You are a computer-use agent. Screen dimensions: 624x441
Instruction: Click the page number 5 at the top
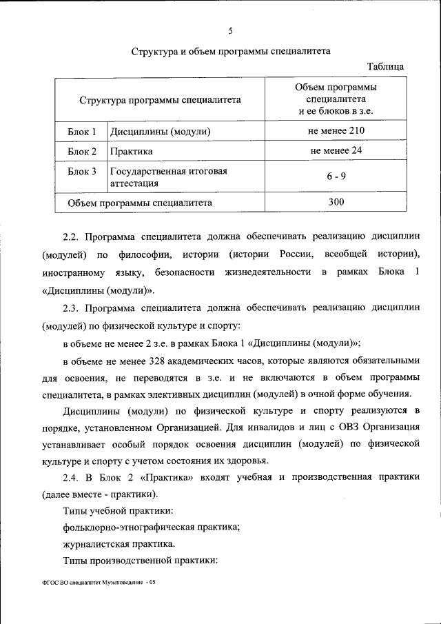231,30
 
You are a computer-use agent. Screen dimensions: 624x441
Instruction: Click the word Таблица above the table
386,66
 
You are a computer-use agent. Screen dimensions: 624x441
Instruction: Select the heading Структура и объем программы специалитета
231,51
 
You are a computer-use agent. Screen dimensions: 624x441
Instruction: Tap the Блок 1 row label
82,131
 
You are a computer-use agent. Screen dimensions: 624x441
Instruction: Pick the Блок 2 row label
82,150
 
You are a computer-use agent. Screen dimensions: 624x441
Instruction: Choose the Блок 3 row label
82,171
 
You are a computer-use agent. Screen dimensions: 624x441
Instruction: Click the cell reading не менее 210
336,130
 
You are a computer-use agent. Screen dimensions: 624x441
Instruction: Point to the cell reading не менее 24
336,150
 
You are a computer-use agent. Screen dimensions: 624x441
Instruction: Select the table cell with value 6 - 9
336,177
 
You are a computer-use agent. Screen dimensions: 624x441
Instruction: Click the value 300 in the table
336,202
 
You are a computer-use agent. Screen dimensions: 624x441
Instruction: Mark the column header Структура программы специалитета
160,100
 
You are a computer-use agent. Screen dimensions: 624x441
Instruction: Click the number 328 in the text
158,361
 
